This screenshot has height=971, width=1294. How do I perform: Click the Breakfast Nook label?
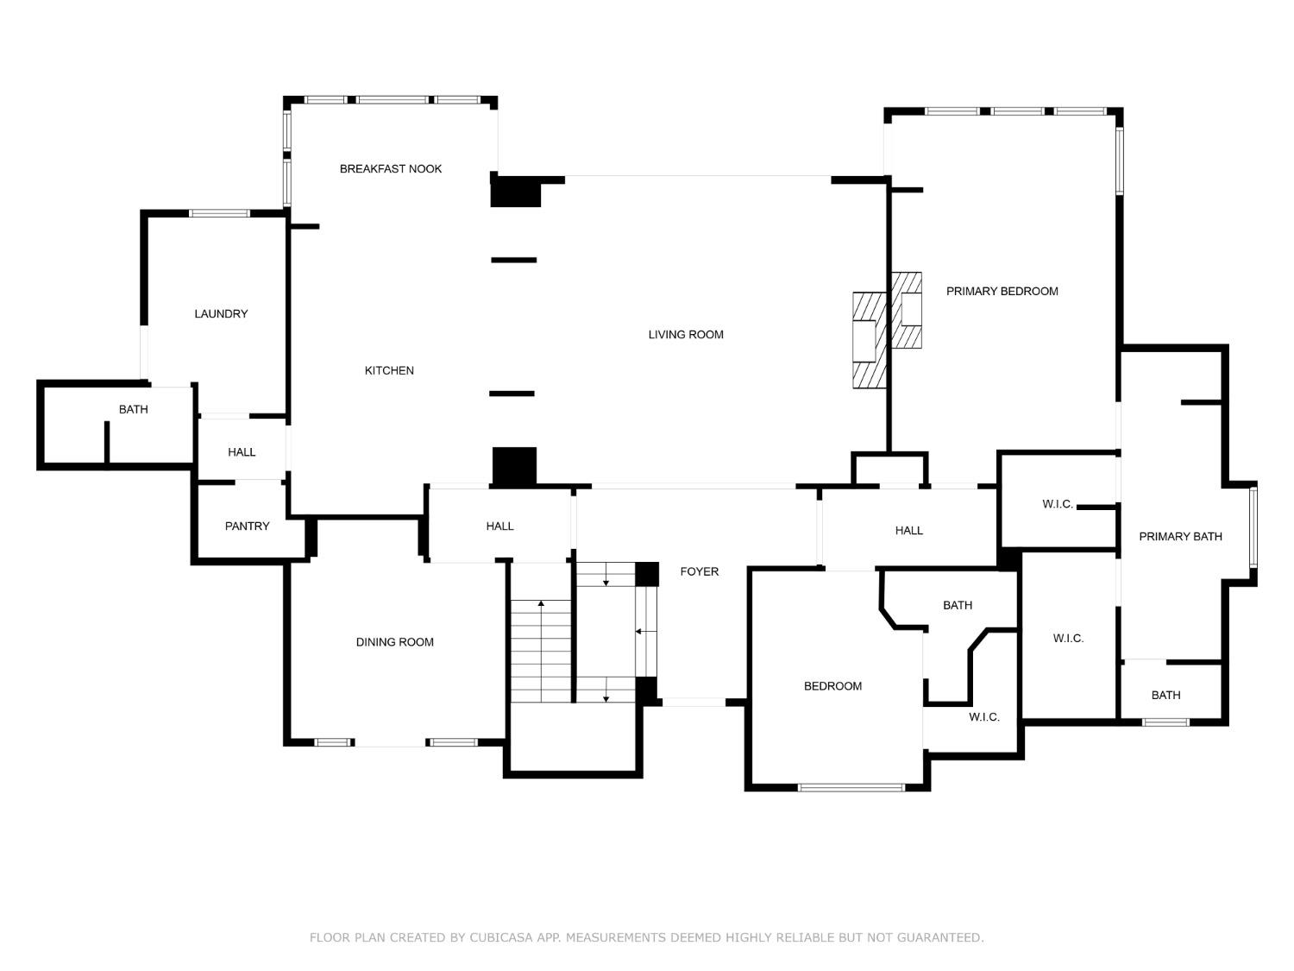coord(390,169)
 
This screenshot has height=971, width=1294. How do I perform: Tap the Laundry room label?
coord(221,314)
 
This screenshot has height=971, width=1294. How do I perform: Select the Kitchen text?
coord(389,371)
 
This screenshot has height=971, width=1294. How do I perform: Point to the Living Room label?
coord(686,335)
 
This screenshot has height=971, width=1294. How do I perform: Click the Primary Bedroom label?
coord(1002,292)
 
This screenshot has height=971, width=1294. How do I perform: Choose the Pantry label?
coord(247,526)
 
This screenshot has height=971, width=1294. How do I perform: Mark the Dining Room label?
coord(394,642)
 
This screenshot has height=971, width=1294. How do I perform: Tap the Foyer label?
coord(699,571)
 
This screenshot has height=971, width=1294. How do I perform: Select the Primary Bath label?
coord(1180,537)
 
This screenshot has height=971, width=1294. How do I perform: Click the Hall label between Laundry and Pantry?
coord(242,452)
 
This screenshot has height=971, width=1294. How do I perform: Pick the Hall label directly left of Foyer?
coord(499,526)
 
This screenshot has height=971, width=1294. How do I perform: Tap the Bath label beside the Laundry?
coord(133,410)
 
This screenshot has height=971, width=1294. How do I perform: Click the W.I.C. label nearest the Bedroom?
coord(983,717)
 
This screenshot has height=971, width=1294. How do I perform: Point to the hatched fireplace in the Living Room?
coord(870,339)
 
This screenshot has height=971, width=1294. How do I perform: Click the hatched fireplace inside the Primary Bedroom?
coord(907,311)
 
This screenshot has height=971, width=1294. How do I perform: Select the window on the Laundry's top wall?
coord(219,213)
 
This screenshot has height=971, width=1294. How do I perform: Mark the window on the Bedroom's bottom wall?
coord(851,787)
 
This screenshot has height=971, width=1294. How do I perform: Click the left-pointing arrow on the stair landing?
coord(640,632)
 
